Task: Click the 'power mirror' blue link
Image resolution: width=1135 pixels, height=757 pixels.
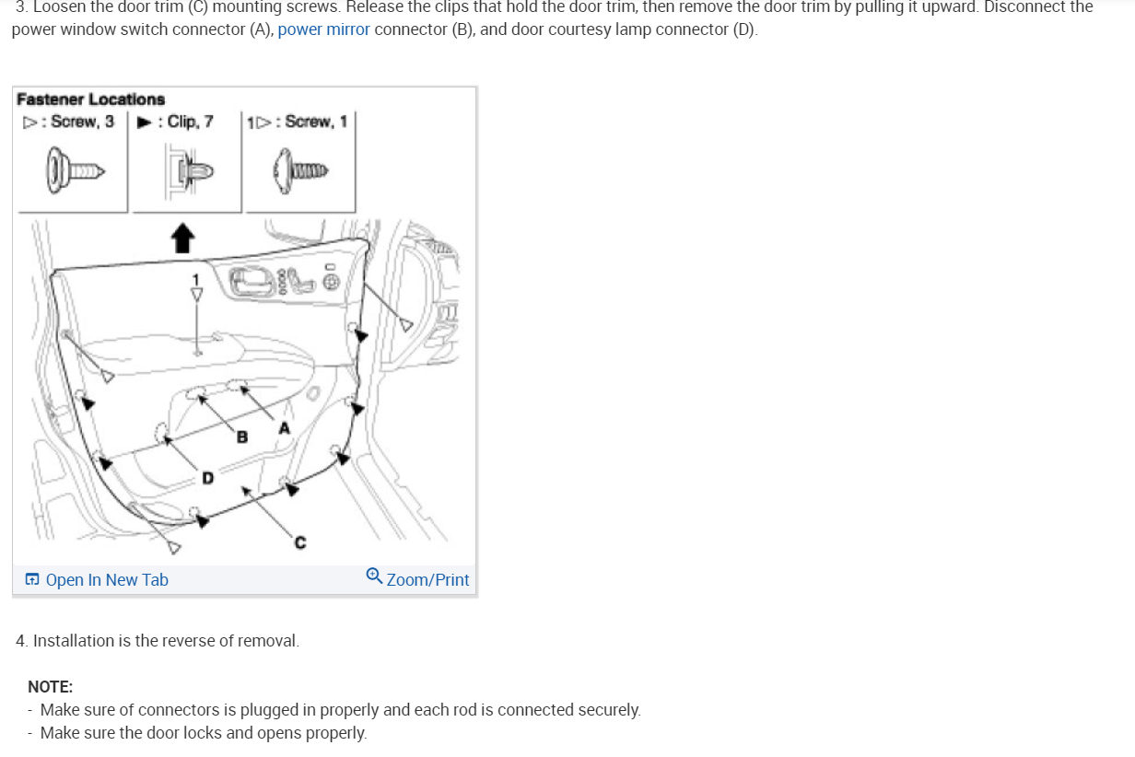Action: (323, 29)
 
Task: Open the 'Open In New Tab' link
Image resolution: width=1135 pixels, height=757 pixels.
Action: (106, 580)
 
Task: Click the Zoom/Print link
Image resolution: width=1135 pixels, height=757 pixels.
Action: (427, 580)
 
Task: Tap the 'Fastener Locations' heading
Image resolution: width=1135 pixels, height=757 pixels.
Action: (90, 99)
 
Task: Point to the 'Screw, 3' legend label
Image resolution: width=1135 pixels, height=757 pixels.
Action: (82, 122)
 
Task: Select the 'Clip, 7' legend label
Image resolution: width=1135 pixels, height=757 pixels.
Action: (190, 122)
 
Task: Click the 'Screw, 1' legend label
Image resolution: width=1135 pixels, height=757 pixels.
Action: (316, 122)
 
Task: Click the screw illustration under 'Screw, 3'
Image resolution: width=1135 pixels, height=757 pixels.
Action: (75, 170)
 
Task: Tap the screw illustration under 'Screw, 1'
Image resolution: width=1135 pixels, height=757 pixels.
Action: (300, 171)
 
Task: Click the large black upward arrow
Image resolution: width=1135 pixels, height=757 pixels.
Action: (183, 238)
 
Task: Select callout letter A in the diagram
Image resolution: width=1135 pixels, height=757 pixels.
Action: (284, 428)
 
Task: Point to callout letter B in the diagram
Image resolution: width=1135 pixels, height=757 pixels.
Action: (242, 437)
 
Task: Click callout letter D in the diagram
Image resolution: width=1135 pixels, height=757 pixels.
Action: (207, 478)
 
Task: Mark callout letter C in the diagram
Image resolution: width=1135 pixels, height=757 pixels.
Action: (299, 543)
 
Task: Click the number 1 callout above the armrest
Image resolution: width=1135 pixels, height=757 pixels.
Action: (195, 278)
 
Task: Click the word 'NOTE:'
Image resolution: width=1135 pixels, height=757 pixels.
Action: (51, 687)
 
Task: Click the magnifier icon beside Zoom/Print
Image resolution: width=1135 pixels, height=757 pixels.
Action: (374, 576)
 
